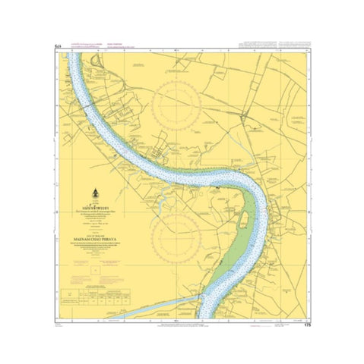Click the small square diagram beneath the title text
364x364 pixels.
(x=93, y=268)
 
